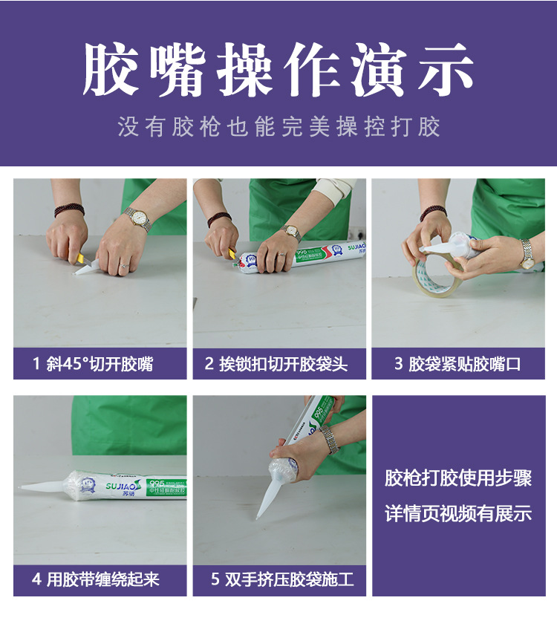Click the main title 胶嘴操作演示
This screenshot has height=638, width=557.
point(278,71)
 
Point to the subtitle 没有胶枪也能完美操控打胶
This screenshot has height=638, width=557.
point(278,126)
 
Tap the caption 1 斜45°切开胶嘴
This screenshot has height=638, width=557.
point(100,364)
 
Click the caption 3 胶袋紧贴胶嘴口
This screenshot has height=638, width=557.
point(457,364)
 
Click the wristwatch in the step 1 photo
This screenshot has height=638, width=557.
point(138,218)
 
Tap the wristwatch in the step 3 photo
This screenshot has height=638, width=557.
point(527,253)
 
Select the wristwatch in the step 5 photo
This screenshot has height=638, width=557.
point(329,438)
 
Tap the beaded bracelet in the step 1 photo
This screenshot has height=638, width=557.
point(69,210)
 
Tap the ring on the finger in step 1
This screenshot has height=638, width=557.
point(123,264)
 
